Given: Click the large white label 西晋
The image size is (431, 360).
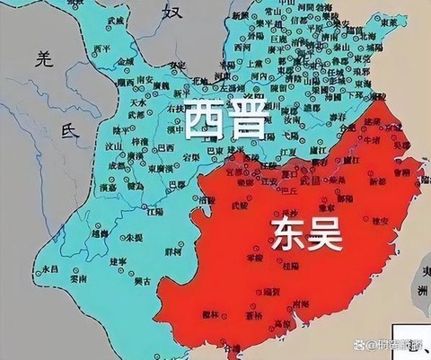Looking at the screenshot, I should (x=226, y=120).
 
